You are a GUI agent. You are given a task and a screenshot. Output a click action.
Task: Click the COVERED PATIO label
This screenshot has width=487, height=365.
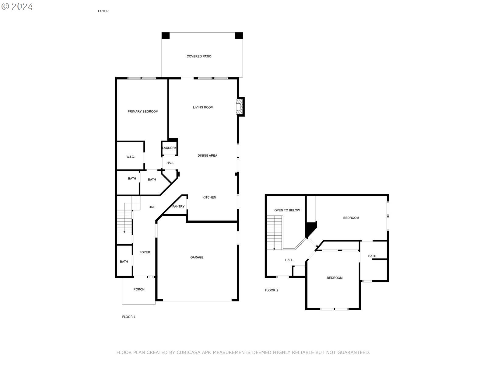point(199,56)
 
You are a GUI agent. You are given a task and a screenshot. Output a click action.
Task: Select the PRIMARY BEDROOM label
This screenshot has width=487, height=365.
point(143,112)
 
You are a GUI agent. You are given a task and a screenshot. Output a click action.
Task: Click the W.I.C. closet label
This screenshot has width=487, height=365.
point(131,157)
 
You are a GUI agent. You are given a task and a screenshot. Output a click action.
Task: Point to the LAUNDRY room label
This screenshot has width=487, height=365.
point(169,148)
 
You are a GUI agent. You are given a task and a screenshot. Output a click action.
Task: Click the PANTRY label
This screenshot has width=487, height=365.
point(178,207)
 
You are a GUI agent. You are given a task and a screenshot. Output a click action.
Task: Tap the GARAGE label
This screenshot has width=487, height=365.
point(197,257)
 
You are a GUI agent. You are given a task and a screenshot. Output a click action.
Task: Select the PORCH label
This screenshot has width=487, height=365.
point(139,289)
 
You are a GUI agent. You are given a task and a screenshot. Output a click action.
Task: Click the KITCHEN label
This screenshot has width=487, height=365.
point(209,197)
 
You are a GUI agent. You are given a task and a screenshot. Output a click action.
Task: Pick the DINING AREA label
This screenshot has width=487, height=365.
point(207,156)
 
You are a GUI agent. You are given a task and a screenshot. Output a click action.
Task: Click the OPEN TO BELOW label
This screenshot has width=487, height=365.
point(287,210)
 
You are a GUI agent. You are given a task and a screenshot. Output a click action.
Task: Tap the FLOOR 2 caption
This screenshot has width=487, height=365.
point(272,290)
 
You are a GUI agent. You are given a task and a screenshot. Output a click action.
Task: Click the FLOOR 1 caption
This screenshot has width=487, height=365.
point(129,317)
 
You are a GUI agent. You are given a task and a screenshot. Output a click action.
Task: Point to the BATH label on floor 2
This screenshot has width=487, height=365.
point(372,256)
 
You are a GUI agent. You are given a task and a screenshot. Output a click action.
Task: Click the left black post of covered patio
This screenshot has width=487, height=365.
point(165,36)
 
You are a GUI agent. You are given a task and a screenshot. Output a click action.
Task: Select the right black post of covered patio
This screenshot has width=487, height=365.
point(239,36)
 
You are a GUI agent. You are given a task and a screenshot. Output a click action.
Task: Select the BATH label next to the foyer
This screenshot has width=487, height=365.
point(124,262)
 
